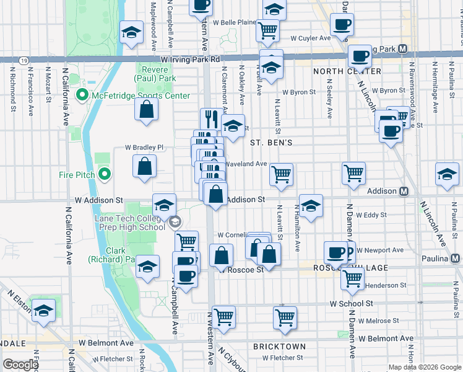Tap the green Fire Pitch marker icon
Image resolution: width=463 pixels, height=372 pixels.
click(104, 175)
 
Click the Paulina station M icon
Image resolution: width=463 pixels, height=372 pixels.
click(455, 258)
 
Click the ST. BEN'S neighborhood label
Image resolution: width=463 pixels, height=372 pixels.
click(270, 142)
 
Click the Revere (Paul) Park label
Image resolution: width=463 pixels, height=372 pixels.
click(156, 74)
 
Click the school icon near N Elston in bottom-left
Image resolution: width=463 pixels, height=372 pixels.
click(43, 311)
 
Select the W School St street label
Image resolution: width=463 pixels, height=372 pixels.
click(351, 304)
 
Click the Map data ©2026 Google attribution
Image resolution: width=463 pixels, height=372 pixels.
click(424, 367)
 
